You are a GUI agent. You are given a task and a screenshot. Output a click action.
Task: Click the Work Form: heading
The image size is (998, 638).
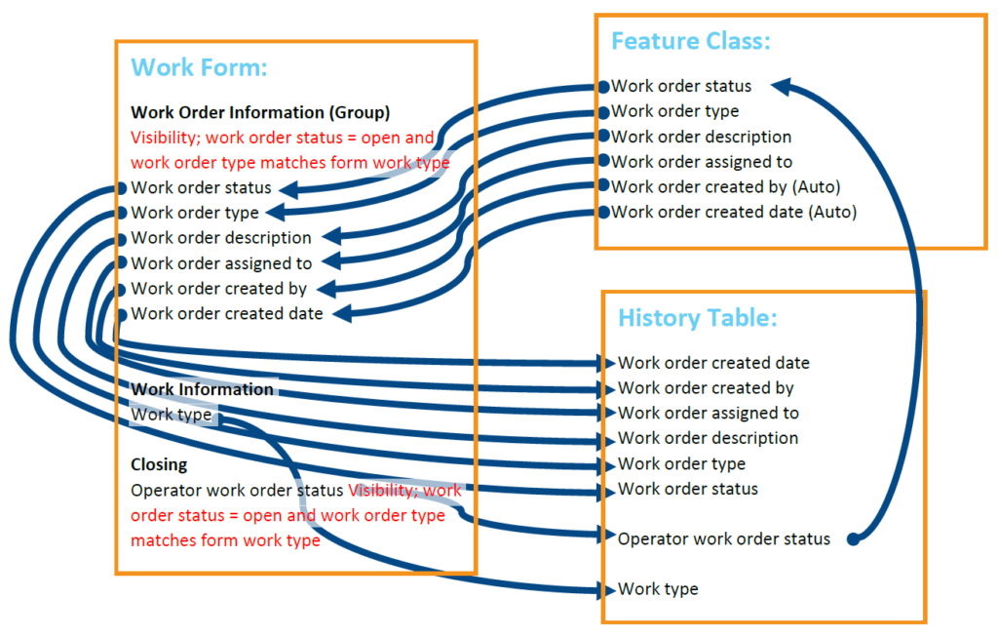click(199, 67)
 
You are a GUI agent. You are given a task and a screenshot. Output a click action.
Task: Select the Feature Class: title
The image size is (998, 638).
click(690, 41)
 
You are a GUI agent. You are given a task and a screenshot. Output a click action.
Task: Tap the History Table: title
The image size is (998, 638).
click(697, 319)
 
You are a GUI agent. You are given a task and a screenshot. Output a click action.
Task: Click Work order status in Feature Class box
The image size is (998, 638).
click(681, 86)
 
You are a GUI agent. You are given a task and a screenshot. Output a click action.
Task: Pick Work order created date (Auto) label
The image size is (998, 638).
click(734, 212)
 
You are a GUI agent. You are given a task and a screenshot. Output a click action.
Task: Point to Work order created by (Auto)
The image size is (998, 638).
click(725, 186)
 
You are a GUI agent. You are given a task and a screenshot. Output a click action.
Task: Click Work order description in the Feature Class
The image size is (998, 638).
click(701, 137)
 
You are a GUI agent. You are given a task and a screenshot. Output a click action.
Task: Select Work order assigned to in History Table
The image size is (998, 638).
click(708, 413)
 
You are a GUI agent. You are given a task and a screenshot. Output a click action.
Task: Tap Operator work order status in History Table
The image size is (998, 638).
click(724, 538)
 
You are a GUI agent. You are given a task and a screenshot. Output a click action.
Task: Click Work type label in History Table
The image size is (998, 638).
click(658, 589)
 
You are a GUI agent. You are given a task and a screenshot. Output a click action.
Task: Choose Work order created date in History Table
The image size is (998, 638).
click(713, 363)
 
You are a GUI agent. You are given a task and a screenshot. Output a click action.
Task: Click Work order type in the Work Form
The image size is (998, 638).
click(195, 213)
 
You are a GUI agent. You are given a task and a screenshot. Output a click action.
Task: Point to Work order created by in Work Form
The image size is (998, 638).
click(219, 289)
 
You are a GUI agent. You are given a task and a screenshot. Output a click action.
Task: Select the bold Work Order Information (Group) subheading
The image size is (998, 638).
click(260, 112)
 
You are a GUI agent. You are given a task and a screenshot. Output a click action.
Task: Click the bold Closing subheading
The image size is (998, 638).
click(159, 464)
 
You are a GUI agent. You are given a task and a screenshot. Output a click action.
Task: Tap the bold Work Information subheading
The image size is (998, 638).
click(202, 389)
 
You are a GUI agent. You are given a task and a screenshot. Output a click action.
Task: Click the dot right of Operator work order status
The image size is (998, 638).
click(853, 538)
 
